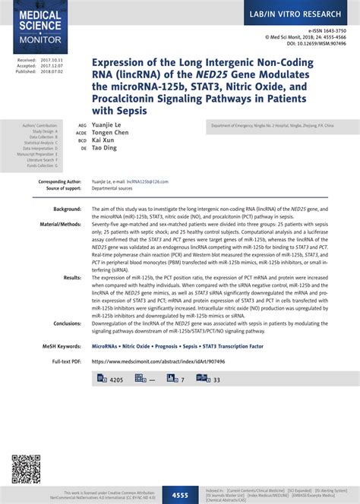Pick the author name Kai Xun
(x=104, y=141)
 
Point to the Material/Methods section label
(x=60, y=225)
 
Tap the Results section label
(x=72, y=278)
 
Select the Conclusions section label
(x=67, y=323)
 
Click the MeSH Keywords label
(x=62, y=346)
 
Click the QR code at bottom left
(x=26, y=468)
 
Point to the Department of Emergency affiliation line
(x=267, y=124)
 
